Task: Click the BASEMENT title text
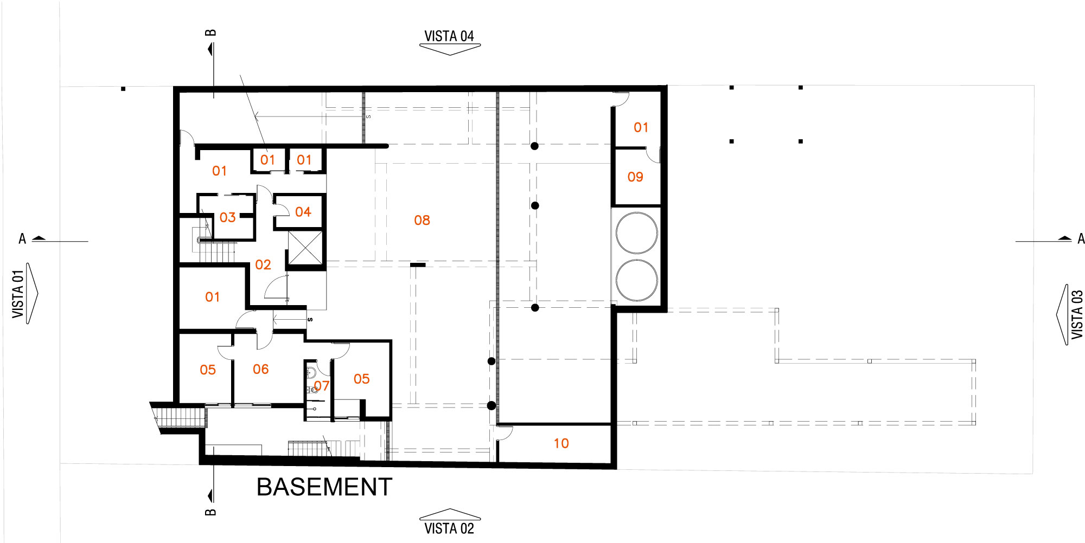click(x=324, y=487)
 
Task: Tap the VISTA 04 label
click(x=449, y=36)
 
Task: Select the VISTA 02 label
click(x=449, y=528)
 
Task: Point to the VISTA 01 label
click(x=18, y=294)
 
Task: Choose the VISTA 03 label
click(x=1077, y=315)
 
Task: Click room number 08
click(x=422, y=220)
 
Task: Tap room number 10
click(x=561, y=443)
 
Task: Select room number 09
click(x=635, y=177)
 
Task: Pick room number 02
click(x=263, y=264)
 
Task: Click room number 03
click(x=228, y=217)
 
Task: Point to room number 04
click(x=303, y=212)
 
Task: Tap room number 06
click(x=261, y=369)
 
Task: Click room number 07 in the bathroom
click(x=322, y=385)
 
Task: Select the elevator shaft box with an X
click(x=305, y=248)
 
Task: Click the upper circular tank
click(x=637, y=233)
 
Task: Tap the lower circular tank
click(x=637, y=280)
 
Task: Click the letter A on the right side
click(x=1081, y=239)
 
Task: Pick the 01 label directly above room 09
click(x=641, y=127)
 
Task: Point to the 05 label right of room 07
click(x=362, y=379)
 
